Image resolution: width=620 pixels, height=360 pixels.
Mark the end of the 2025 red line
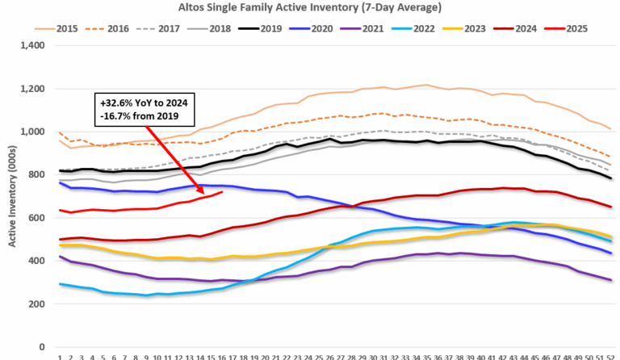(222, 191)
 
